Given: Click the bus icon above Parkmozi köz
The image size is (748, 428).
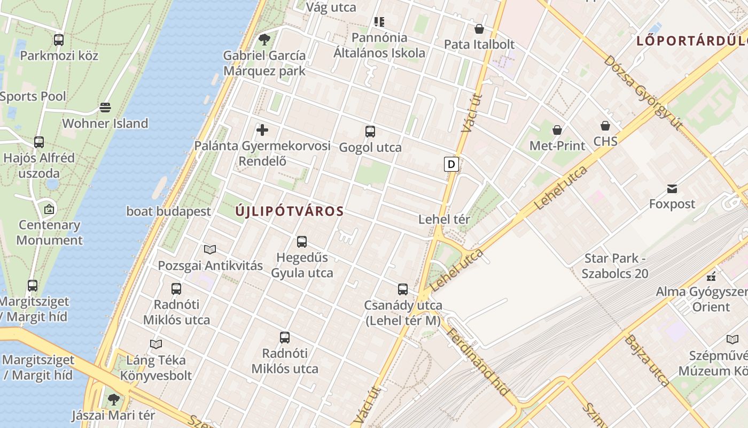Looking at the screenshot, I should tap(59, 40).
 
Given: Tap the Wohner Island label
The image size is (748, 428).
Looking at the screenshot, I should tap(105, 123).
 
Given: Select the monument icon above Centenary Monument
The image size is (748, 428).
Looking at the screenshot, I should tap(49, 209).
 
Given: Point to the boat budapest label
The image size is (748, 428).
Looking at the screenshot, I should tap(169, 211).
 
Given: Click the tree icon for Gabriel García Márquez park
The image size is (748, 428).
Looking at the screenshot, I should tap(264, 39).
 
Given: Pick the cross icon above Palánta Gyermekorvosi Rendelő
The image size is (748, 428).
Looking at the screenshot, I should tap(262, 130).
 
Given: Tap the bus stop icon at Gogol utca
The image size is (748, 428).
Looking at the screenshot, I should tap(370, 132).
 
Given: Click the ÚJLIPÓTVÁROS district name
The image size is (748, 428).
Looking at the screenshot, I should tap(290, 211).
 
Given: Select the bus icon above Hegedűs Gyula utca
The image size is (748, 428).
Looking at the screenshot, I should tap(302, 242).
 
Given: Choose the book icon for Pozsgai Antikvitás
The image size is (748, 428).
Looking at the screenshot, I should tap(210, 249).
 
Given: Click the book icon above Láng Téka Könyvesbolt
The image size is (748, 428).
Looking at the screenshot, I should tap(155, 344).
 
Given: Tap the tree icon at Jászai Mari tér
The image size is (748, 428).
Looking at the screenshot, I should tap(113, 399).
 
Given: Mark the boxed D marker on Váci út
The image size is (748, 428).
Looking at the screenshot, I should tap(451, 164).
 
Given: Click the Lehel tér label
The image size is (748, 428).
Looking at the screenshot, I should tap(444, 219).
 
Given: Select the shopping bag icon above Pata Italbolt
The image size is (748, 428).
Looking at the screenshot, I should tap(479, 29).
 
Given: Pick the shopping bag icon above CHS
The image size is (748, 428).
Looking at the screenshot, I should tap(605, 126).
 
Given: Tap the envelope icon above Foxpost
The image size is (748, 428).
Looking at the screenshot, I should tap(672, 188).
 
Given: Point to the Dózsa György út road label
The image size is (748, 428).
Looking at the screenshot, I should tap(643, 92).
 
